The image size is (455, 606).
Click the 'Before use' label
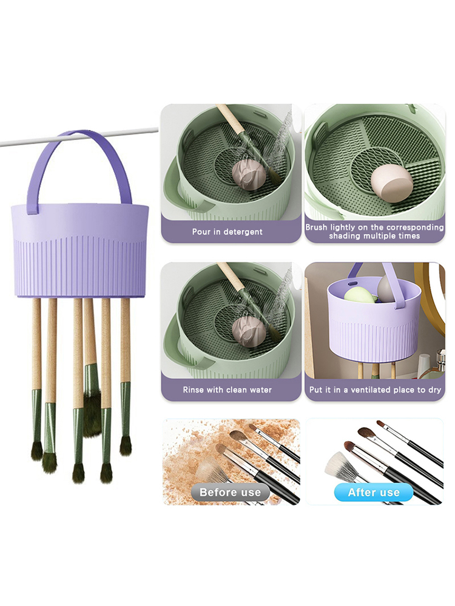pos(230,492)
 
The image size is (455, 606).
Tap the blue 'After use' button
pos(373,492)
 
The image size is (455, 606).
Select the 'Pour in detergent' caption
pos(227,232)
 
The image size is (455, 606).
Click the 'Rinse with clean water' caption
pos(227,390)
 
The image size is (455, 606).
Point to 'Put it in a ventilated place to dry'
pos(375,390)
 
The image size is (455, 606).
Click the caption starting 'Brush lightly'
pos(374,231)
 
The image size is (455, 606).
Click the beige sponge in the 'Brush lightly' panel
pos(391,183)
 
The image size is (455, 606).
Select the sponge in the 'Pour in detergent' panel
pos(249,175)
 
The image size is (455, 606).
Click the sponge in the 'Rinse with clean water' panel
pos(249,332)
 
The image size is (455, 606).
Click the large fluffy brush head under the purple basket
pos(92,413)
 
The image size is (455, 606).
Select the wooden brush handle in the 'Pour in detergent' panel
pos(231,118)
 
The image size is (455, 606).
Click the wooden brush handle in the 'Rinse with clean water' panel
pos(231,276)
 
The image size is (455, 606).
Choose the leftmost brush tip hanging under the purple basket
pos(37,451)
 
